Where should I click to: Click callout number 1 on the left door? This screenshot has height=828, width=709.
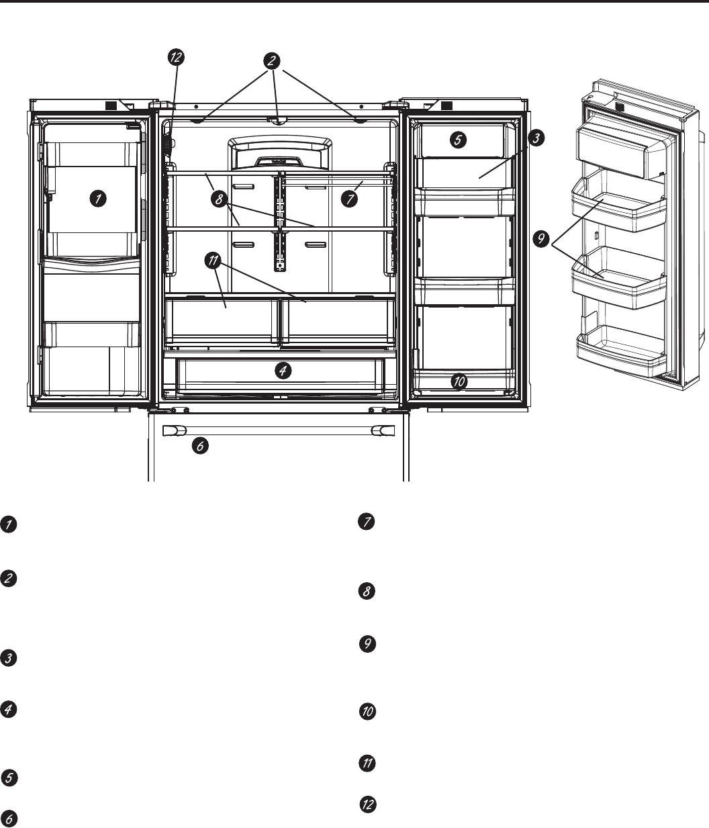click(98, 199)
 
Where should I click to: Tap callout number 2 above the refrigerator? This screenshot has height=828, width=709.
click(272, 60)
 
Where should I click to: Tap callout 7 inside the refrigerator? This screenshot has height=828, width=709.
click(347, 198)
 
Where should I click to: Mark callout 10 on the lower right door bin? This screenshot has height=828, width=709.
click(459, 381)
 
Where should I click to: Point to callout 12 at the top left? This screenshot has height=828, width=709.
click(175, 58)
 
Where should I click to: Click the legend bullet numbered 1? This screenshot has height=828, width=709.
click(8, 525)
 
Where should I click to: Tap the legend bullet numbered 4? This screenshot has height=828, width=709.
click(8, 710)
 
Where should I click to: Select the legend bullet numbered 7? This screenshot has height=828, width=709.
click(367, 523)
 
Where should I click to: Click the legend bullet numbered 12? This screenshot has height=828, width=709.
click(367, 804)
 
